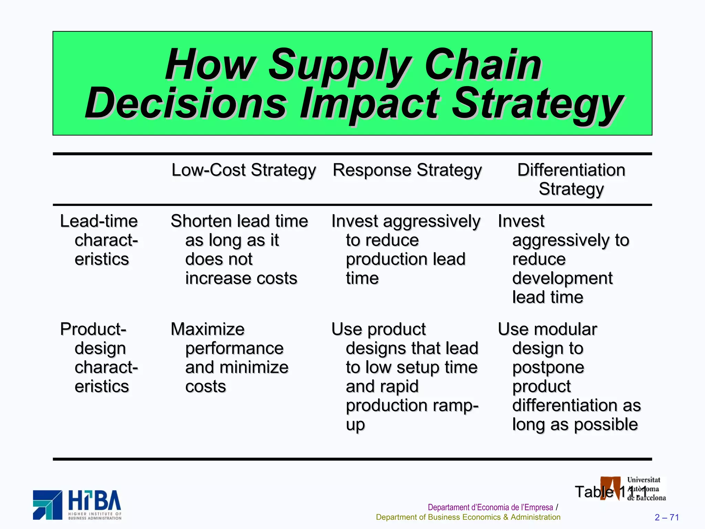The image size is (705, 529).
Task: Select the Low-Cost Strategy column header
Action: coord(243,170)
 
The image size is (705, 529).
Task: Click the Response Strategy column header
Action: coord(407,170)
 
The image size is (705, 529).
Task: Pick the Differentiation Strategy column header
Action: coord(571,179)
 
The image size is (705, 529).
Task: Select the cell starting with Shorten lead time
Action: coord(240,249)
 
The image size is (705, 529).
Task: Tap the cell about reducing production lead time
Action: coord(405,249)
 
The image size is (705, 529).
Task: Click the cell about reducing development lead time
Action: coord(564,259)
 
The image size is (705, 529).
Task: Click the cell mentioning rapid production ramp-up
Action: coord(405,376)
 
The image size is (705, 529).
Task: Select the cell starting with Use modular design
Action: coord(570,376)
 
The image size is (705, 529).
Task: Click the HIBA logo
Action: coord(77,505)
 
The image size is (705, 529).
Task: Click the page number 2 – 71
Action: coord(667,517)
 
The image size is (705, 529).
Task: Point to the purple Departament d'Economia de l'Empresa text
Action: coord(490,507)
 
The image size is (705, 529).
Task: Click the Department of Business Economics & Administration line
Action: coord(468,517)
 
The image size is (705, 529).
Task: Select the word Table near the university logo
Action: coord(594,492)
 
